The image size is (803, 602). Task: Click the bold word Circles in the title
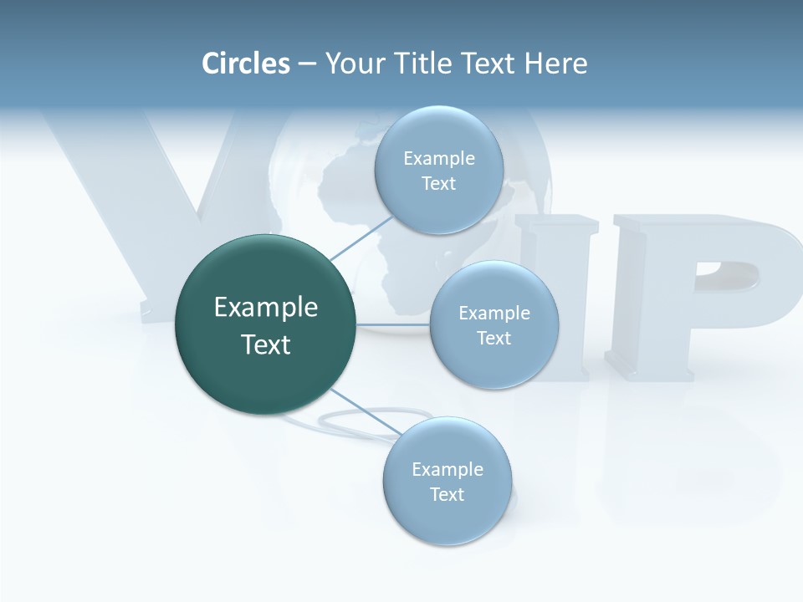pyautogui.click(x=246, y=64)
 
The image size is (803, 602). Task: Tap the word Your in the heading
pyautogui.click(x=355, y=64)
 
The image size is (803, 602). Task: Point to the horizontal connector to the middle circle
pyautogui.click(x=393, y=324)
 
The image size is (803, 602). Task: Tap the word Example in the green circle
pyautogui.click(x=266, y=308)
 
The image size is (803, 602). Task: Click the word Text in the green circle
pyautogui.click(x=266, y=344)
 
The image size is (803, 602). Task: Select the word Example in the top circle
pyautogui.click(x=439, y=159)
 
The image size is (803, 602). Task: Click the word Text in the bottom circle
pyautogui.click(x=447, y=494)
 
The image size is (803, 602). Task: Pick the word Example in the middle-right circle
pyautogui.click(x=494, y=314)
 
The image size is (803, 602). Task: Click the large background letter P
pyautogui.click(x=703, y=293)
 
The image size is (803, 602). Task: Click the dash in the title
pyautogui.click(x=307, y=64)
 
